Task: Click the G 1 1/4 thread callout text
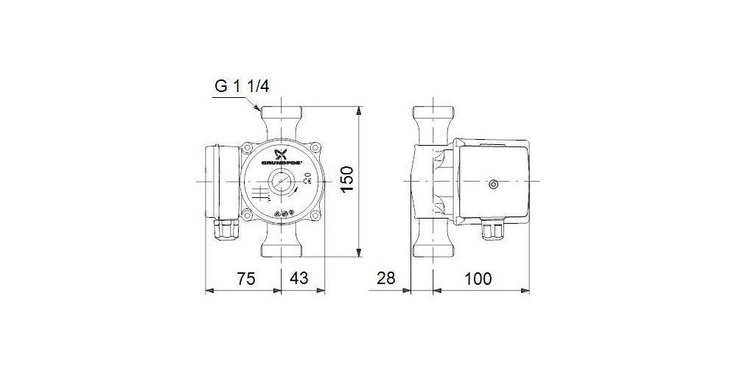241,85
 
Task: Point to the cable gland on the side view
492,231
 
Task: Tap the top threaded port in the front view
282,118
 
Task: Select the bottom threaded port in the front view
282,246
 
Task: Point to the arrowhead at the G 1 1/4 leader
257,110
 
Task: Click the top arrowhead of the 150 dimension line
358,111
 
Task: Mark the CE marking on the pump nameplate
310,182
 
